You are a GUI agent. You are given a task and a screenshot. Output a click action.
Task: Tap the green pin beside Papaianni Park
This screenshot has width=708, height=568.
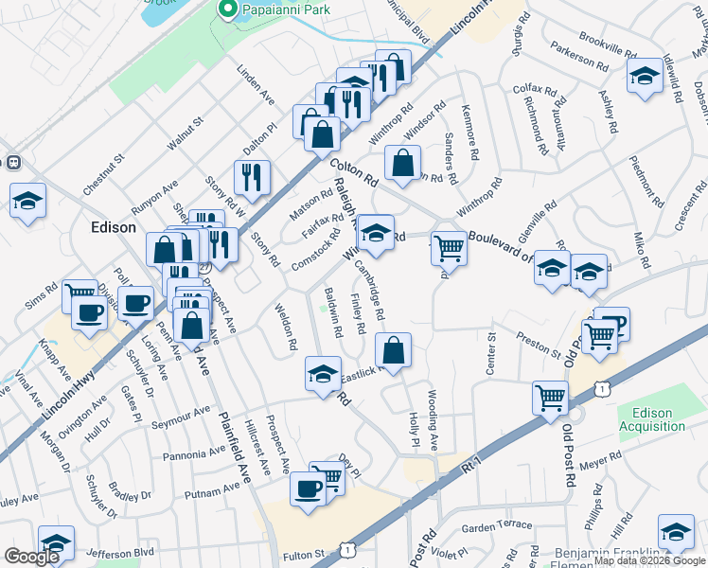(227, 10)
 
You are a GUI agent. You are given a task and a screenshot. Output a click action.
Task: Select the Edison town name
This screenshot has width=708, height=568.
(114, 227)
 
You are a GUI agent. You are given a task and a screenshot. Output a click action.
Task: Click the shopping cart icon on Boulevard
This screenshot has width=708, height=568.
(449, 250)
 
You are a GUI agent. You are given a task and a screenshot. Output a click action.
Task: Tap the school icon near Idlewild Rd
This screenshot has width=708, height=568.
(645, 78)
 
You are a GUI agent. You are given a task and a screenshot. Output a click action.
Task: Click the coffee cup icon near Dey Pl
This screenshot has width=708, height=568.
(308, 488)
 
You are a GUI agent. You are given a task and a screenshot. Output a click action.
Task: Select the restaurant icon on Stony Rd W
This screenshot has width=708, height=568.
(252, 177)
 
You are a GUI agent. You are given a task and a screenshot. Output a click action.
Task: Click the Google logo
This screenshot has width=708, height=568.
(31, 557)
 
